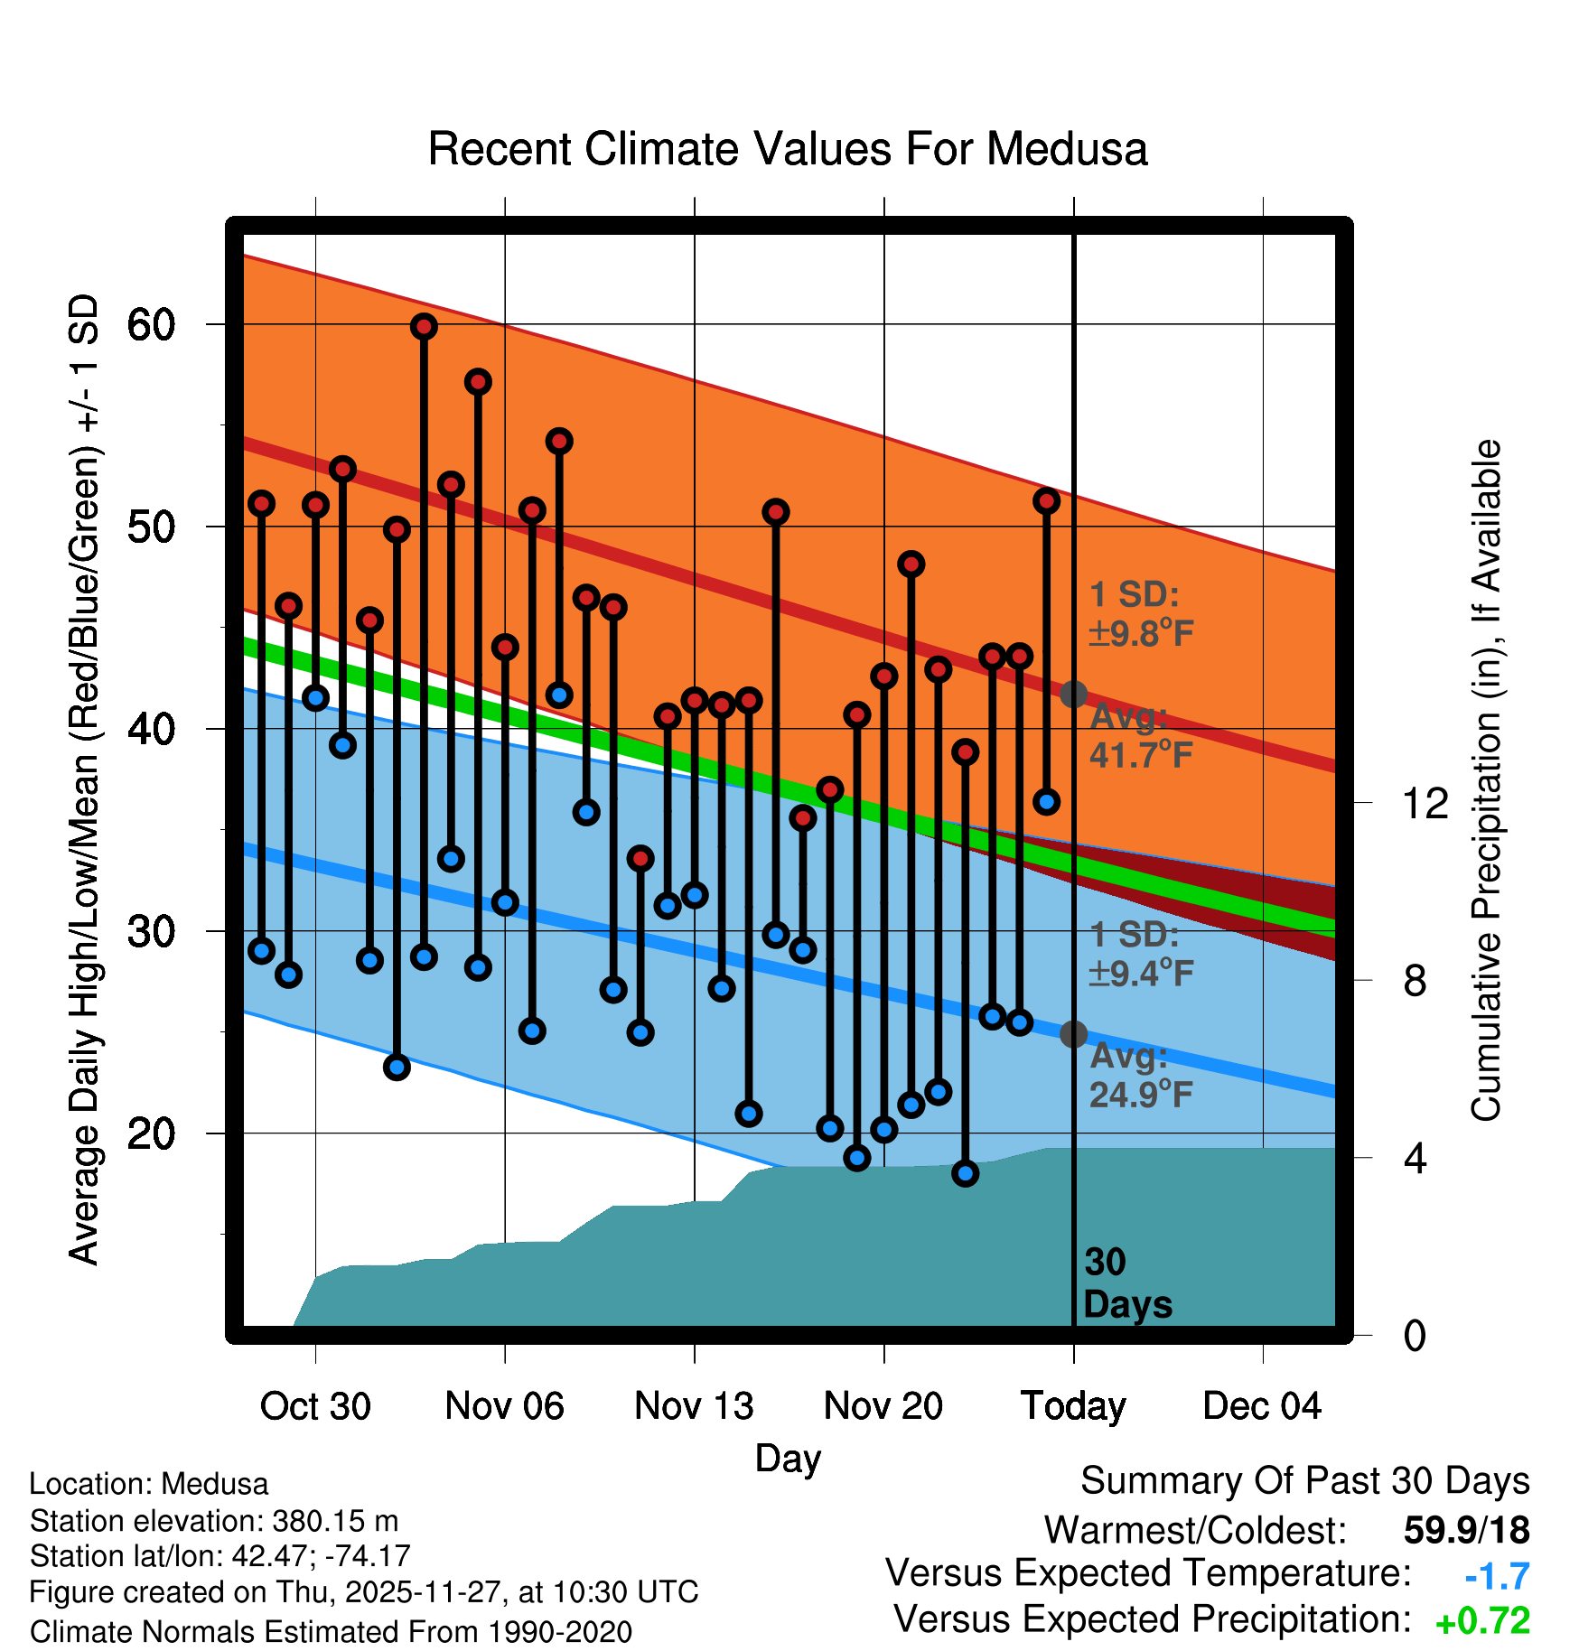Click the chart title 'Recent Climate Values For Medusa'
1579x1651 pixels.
pos(787,149)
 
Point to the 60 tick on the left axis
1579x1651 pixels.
pos(151,324)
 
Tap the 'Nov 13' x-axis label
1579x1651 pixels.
pos(694,1406)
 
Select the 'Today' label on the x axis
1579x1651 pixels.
pos(1073,1406)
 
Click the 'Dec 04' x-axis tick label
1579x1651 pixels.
pos(1262,1406)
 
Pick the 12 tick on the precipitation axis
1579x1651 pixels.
pos(1425,803)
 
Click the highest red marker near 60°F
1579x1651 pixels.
pos(424,327)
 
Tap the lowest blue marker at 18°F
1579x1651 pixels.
pos(966,1173)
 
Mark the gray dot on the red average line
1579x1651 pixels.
pos(1073,695)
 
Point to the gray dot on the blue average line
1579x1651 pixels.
pos(1073,1034)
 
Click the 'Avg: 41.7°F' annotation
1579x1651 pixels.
pos(1140,736)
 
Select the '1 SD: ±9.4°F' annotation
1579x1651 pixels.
pos(1140,955)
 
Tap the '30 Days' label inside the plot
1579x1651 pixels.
pos(1126,1283)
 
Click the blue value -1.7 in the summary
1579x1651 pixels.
pos(1497,1576)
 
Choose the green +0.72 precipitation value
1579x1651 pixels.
pos(1482,1621)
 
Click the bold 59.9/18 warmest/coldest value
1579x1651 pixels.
pos(1466,1531)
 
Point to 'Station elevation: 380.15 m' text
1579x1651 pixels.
pos(214,1521)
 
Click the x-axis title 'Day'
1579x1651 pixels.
pos(788,1458)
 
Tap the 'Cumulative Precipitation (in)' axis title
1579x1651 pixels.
pos(1485,780)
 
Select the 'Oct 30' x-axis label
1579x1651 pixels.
pos(315,1406)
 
